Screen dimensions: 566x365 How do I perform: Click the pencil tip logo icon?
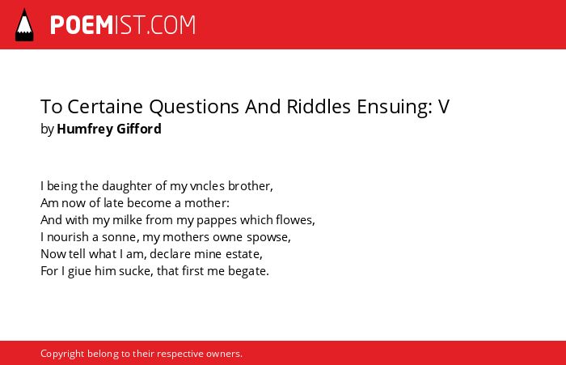[x=24, y=25]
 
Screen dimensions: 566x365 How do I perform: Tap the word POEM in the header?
[x=82, y=25]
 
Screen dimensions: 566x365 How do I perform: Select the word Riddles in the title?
[x=319, y=107]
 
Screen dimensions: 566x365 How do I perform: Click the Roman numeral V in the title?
[x=444, y=107]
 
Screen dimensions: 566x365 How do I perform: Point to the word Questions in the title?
[x=195, y=107]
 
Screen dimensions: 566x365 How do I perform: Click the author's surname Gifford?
[x=139, y=129]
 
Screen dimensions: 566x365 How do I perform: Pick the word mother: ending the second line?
[x=207, y=203]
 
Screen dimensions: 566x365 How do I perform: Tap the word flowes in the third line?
[x=295, y=219]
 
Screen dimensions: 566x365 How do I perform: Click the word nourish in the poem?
[x=68, y=237]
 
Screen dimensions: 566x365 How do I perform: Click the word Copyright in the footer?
[x=62, y=354]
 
